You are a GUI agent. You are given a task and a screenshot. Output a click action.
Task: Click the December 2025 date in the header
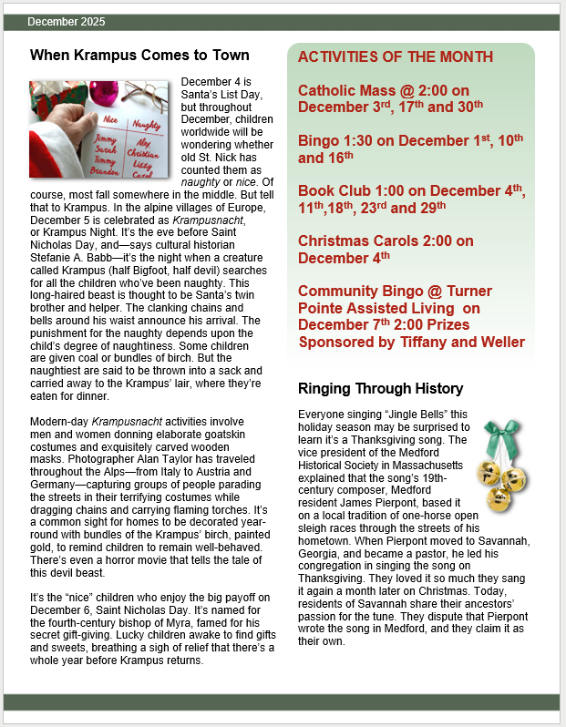click(x=67, y=21)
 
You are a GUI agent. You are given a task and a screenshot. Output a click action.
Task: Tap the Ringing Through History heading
click(x=380, y=389)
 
